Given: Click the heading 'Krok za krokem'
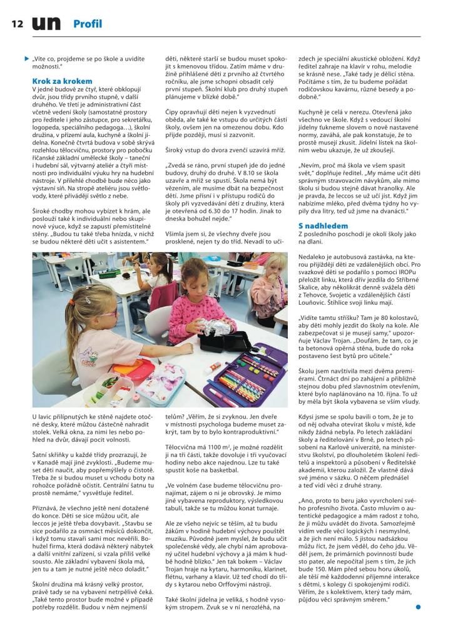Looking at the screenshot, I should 62,81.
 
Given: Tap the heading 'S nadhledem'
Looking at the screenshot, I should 323,225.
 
